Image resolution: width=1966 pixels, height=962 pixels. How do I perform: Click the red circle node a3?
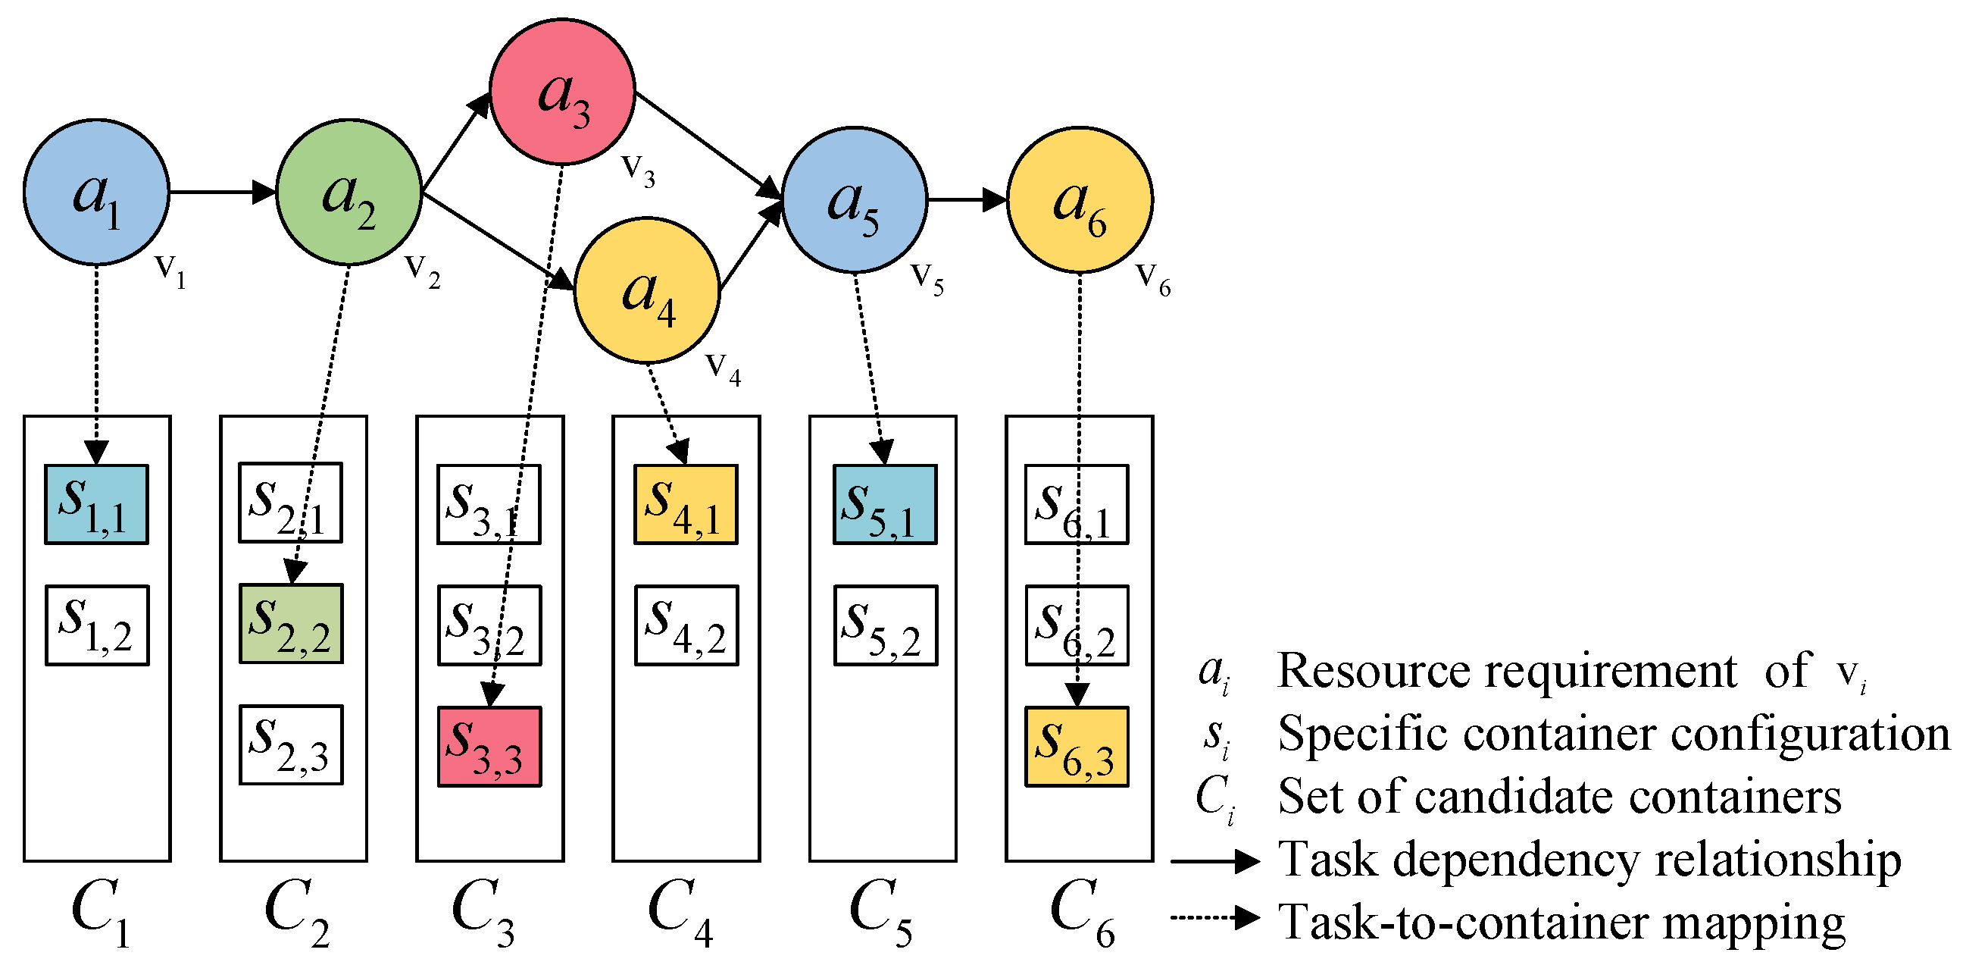(x=561, y=92)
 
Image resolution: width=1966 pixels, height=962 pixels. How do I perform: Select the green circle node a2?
(x=349, y=192)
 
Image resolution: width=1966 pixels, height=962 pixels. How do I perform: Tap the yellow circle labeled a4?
(x=647, y=290)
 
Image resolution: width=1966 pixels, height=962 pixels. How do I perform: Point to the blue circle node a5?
(x=855, y=200)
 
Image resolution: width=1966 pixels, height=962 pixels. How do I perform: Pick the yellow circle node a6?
(x=1080, y=200)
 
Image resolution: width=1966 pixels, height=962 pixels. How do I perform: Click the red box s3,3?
(x=489, y=747)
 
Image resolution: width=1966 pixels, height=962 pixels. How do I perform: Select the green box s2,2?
(x=291, y=624)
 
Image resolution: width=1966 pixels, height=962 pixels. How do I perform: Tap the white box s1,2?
(x=97, y=625)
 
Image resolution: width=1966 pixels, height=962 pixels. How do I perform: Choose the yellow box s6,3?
(x=1076, y=747)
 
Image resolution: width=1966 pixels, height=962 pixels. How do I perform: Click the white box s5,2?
(x=886, y=625)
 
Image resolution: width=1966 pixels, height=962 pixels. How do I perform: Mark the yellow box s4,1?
(x=686, y=504)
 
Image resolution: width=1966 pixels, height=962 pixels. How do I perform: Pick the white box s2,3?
(x=291, y=745)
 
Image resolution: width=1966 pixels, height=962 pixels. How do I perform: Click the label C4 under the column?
(x=680, y=913)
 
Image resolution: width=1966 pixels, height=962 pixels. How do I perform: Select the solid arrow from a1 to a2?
(x=221, y=192)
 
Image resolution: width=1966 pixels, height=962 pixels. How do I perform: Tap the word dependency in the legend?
(x=1515, y=861)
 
